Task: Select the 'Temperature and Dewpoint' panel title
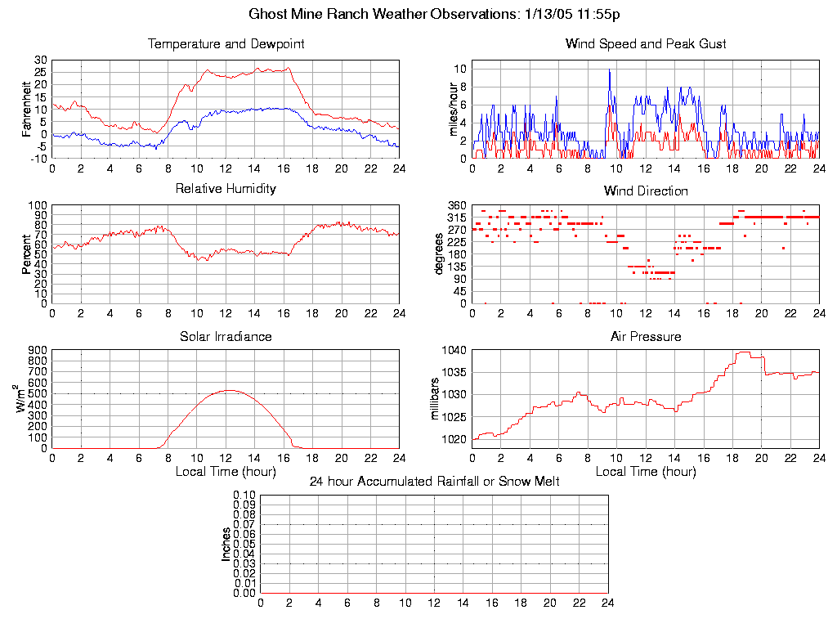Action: tap(226, 44)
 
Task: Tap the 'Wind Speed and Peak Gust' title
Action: tap(646, 44)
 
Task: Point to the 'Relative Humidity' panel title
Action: tap(226, 189)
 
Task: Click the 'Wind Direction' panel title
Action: tap(646, 191)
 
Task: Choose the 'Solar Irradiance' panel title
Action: tap(226, 337)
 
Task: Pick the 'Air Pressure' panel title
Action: tap(646, 337)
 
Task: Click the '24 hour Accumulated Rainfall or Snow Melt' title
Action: tap(434, 482)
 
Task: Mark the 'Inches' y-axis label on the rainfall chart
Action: tap(226, 544)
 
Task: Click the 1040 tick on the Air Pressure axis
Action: tap(454, 350)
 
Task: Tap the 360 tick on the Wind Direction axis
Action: tap(457, 205)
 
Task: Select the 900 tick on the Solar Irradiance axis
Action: tap(38, 350)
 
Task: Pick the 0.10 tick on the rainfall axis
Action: tap(244, 496)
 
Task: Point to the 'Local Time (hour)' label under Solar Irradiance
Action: tap(226, 472)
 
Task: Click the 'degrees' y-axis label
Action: tap(439, 253)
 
